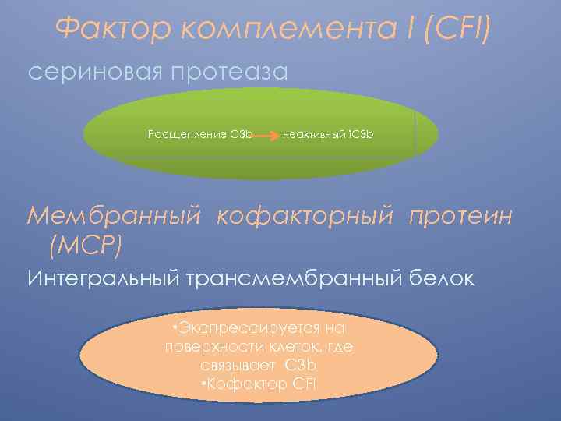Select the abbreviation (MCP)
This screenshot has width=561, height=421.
coord(85,247)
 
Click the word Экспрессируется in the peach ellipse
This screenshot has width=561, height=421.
coord(264,329)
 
